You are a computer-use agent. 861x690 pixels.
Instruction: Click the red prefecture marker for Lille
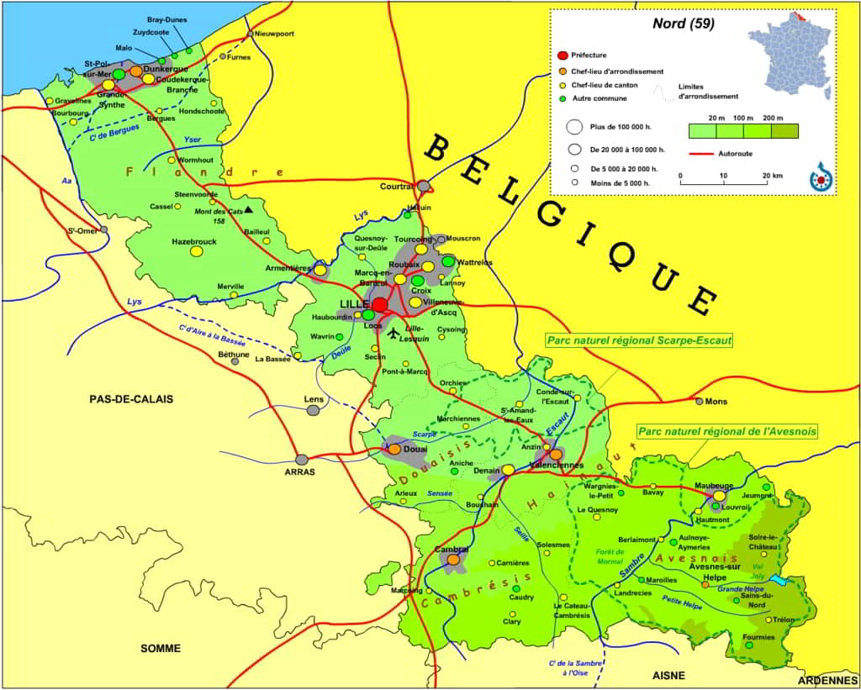point(380,304)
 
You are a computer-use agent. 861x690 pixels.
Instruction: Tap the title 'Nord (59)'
point(683,24)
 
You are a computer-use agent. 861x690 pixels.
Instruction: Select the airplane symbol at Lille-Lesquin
point(394,334)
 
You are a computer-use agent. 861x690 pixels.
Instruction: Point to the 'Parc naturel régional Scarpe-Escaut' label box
point(638,340)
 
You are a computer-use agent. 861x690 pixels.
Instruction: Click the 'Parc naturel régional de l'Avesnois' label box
point(727,431)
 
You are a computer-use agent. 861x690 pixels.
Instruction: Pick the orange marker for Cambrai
point(453,559)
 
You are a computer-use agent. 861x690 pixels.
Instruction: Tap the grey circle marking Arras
point(302,460)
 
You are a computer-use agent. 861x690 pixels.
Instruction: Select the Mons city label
point(716,402)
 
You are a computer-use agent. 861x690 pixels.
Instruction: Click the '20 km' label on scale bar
point(774,176)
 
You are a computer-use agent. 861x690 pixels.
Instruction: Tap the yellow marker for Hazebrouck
point(196,250)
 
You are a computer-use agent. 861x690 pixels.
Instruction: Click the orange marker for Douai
point(394,449)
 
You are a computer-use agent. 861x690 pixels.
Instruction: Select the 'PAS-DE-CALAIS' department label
point(130,399)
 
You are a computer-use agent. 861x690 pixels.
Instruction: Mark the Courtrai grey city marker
point(424,186)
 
